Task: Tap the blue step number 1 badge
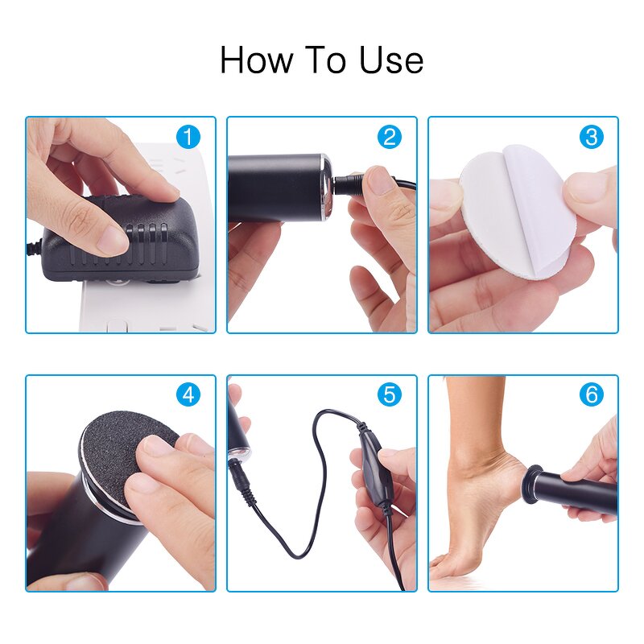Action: (188, 137)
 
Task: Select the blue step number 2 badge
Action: (390, 137)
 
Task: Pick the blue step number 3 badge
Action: (591, 137)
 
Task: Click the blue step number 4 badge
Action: (188, 394)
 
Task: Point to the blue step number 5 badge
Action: (390, 394)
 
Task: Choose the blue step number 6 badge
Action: (591, 394)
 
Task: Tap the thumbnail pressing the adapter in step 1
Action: (113, 238)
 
